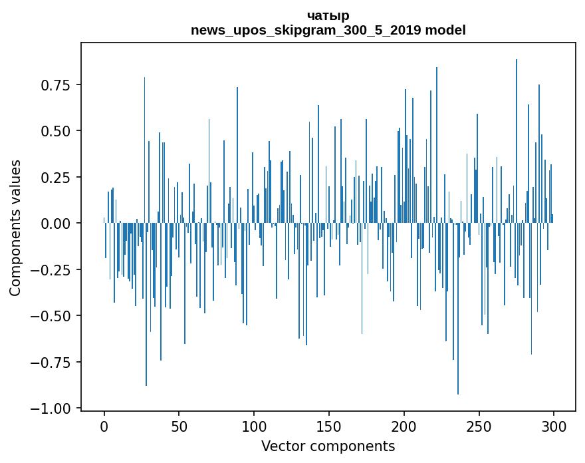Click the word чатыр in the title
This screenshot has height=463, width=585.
tap(328, 15)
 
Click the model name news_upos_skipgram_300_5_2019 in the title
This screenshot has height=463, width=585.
tap(328, 30)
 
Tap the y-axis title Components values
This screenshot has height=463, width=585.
tap(15, 228)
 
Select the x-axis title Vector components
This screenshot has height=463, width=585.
tap(328, 446)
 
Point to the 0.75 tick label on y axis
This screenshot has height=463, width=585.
tap(55, 85)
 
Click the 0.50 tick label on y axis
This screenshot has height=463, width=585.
tap(55, 131)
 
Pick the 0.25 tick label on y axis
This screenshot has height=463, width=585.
tap(55, 178)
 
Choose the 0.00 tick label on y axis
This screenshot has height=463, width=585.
tap(55, 224)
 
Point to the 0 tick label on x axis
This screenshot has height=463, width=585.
tap(104, 426)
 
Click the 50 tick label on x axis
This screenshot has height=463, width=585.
tap(179, 426)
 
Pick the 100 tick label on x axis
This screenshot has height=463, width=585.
tap(254, 426)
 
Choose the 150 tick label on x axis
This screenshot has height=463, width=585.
tap(329, 426)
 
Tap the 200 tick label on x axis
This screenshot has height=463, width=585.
tap(404, 426)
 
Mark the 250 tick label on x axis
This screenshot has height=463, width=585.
tap(479, 426)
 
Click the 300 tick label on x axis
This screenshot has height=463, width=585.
tap(554, 426)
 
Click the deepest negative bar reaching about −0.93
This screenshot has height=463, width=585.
tap(458, 333)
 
